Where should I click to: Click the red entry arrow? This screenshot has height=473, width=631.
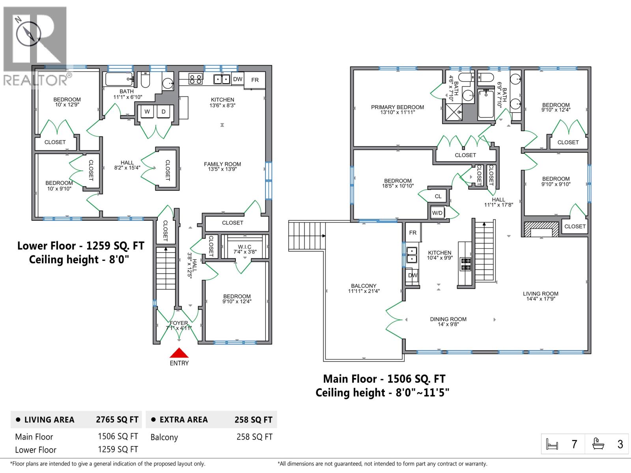click(x=179, y=353)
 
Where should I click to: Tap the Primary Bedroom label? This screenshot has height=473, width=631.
click(x=397, y=110)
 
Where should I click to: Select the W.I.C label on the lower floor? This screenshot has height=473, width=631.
click(x=245, y=249)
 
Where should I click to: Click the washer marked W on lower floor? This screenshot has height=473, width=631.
click(x=147, y=112)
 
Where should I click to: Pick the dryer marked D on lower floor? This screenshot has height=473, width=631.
click(x=163, y=112)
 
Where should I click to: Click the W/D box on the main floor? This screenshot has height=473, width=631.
click(x=437, y=213)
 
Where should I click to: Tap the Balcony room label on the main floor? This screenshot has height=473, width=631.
click(x=364, y=289)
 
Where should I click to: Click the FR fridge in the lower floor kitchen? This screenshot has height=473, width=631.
click(x=255, y=80)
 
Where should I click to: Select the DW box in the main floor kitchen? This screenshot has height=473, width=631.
click(x=412, y=275)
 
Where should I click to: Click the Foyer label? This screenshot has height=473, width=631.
click(x=179, y=325)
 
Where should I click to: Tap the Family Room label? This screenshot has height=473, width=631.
click(x=222, y=166)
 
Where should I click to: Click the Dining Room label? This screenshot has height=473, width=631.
click(x=448, y=322)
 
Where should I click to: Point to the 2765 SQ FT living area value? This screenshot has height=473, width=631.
click(x=117, y=420)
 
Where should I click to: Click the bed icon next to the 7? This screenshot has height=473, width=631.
click(x=553, y=444)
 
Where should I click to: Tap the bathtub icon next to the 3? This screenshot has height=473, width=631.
click(x=598, y=444)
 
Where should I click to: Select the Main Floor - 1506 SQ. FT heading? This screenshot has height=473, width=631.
click(x=384, y=379)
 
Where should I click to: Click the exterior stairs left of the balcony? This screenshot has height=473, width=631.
click(x=307, y=236)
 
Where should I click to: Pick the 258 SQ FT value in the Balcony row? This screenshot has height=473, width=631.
click(x=254, y=437)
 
